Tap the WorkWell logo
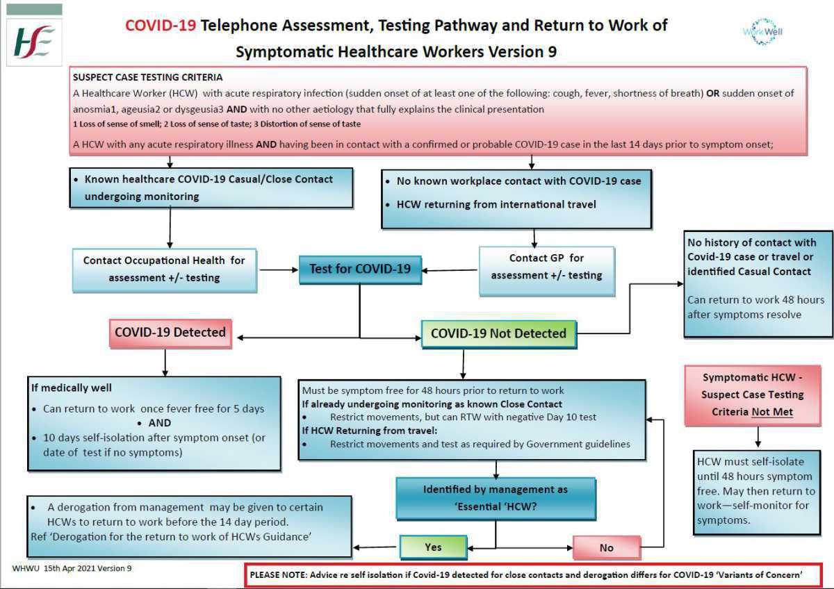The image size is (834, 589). coord(762,32)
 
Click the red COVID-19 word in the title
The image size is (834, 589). coord(161,26)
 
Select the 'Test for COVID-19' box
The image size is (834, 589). coord(360,269)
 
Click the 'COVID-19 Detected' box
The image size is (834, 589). coord(170,333)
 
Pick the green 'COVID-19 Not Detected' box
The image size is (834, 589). coord(498,333)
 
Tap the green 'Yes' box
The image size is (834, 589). coord(433,547)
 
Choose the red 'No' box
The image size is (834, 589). coord(606,547)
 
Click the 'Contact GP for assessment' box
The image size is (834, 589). coord(546,267)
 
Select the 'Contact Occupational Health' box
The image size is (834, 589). coord(164,269)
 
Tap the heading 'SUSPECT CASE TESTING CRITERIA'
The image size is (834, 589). coord(148,77)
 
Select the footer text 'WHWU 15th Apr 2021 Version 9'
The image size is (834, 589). coord(72,568)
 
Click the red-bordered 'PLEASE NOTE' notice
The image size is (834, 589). coord(526,575)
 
